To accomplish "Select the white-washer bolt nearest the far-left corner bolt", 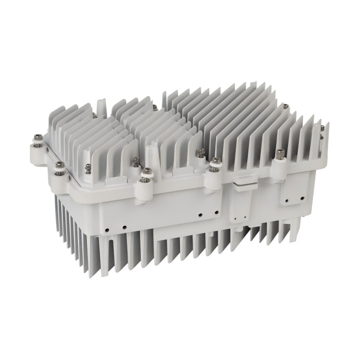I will pyautogui.click(x=60, y=165).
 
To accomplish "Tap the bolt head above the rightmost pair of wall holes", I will pyautogui.click(x=280, y=153).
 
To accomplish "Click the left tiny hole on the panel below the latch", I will pyautogui.click(x=235, y=218).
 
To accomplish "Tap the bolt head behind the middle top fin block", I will pyautogui.click(x=154, y=107).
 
